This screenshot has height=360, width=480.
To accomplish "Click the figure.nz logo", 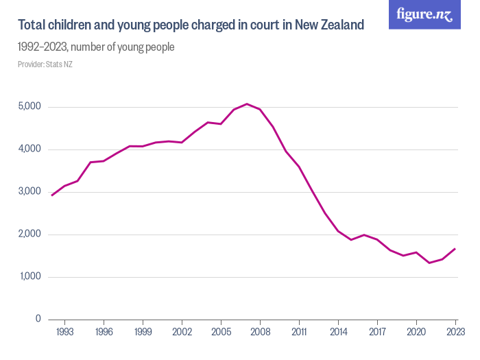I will tap(424, 14).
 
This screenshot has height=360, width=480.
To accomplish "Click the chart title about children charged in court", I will tap(191, 25).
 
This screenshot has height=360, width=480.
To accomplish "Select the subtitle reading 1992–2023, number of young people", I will tap(96, 47).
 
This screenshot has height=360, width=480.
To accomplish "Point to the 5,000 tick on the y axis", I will tap(29, 107).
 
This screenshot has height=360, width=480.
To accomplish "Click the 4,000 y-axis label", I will tap(29, 149).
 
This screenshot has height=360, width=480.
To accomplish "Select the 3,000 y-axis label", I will tap(29, 192).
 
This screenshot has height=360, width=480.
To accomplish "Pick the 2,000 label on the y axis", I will tap(29, 235).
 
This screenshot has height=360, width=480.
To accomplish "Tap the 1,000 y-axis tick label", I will tap(29, 277).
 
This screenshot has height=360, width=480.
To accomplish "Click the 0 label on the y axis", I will tap(39, 320).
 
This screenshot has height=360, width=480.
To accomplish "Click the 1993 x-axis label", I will tap(65, 332).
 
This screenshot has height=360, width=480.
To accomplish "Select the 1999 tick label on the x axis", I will tap(143, 332).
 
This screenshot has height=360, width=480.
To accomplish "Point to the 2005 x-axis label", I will tap(221, 332).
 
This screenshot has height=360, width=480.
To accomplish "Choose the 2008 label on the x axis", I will tap(260, 332).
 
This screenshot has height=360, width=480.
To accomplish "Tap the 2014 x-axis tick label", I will tap(338, 332).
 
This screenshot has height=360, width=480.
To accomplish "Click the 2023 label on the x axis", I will tap(455, 332).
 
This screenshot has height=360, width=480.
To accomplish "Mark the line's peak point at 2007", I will tap(247, 104).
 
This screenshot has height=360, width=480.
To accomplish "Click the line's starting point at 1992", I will tap(52, 195).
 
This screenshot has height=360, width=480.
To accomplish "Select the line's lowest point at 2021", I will tap(429, 263).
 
